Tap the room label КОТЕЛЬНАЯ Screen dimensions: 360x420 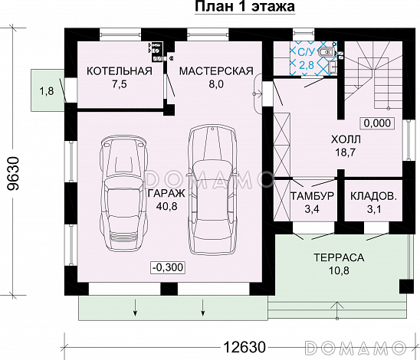point(119,71)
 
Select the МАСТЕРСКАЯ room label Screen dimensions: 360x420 point(216,71)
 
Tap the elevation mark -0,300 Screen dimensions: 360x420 point(167,267)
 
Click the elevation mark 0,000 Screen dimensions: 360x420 point(377,122)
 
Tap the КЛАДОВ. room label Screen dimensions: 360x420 point(373,196)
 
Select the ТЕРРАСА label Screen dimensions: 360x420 point(337,257)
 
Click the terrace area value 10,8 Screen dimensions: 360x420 point(337,271)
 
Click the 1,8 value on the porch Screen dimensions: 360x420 point(46,91)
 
